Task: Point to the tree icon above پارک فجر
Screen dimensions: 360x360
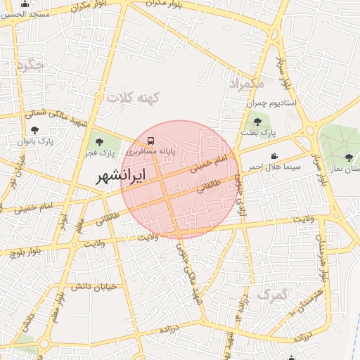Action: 98,143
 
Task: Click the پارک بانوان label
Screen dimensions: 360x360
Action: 35,141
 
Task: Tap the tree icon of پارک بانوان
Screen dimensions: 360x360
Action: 35,130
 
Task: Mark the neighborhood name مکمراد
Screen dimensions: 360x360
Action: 246,84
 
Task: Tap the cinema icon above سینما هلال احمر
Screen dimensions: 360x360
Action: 274,156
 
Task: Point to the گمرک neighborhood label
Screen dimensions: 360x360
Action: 272,295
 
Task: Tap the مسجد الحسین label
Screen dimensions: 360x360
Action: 26,14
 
